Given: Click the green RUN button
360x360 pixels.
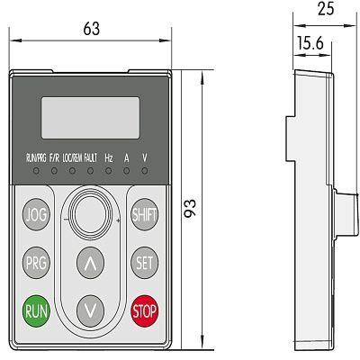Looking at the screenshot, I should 36,311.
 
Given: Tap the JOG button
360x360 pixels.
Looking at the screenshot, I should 36,214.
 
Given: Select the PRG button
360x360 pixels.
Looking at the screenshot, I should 36,263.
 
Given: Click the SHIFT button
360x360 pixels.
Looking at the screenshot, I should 144,214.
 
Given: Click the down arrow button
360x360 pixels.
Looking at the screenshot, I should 90,310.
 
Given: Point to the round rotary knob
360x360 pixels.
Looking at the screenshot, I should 89,213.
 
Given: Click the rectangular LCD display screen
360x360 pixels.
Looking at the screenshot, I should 89,117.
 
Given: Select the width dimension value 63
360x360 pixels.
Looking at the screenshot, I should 90,29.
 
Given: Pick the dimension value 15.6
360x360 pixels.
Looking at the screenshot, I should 309,42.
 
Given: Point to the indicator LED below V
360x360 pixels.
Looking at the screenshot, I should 144,169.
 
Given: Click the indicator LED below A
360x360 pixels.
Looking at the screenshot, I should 126,169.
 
